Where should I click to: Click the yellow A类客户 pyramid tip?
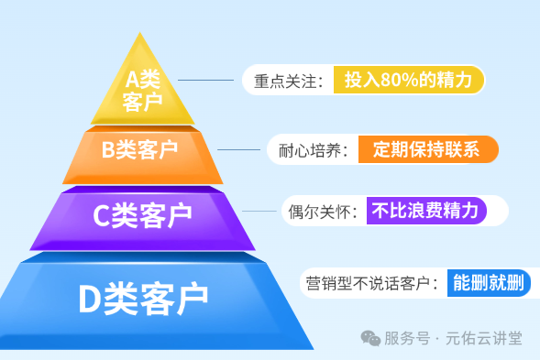point(142,88)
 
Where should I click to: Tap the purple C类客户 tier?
point(143,216)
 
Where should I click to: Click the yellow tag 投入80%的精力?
point(408,80)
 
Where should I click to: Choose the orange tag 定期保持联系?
point(426,149)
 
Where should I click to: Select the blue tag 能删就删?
point(488,282)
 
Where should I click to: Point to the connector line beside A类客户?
point(213,81)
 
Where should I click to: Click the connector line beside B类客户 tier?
point(239,149)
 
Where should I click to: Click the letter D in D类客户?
point(89,296)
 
